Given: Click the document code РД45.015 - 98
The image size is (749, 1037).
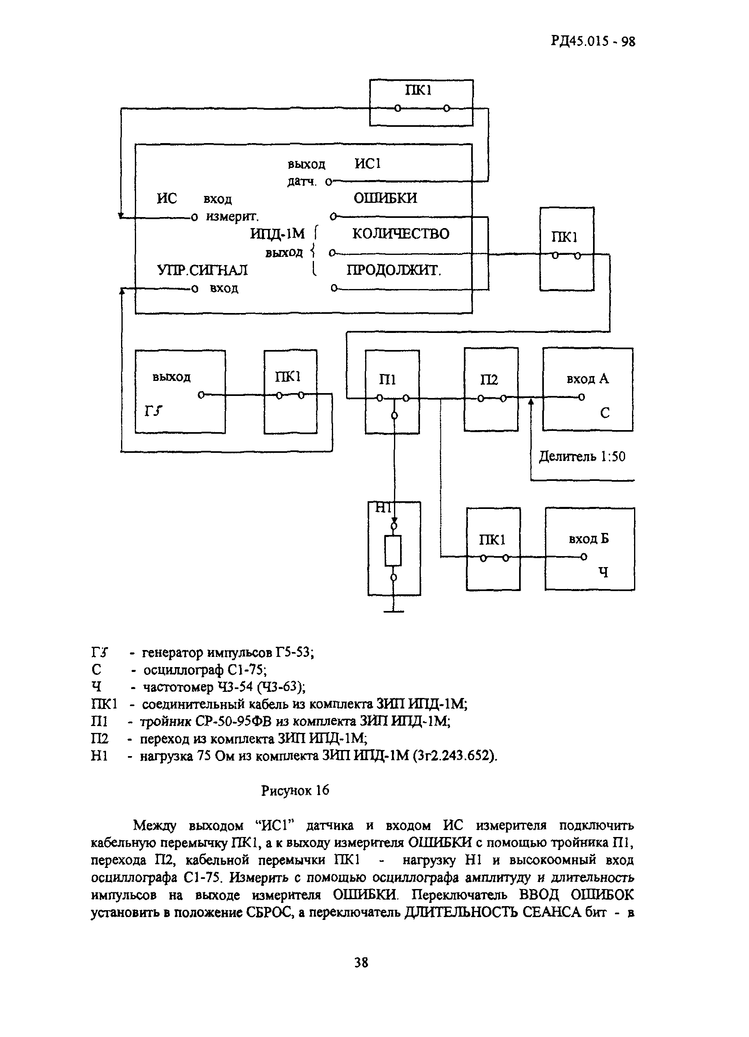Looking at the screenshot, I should coord(593,41).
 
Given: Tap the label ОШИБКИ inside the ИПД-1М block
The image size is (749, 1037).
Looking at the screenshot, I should coord(385,198).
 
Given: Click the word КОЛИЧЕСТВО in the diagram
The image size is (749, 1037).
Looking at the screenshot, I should coord(401,234).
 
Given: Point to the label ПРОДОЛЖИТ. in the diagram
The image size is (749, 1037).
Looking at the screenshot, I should coord(394,270).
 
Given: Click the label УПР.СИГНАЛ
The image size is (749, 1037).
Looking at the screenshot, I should coord(202,270).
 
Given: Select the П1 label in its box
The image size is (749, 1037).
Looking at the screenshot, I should coord(387,380).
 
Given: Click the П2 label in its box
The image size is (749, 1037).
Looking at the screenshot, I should coord(489,380).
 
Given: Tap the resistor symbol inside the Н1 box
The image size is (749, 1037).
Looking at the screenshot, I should coord(394,551).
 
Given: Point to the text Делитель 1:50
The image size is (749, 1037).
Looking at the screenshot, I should coord(582,457).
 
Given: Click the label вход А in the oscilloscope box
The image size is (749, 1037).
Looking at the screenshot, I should coord(587,378).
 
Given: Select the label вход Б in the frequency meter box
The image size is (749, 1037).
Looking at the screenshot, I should coord(589,539).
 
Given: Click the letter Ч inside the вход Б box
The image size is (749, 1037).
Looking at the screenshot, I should coord(603,572).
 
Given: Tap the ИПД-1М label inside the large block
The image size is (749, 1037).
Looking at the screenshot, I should coord(277,234).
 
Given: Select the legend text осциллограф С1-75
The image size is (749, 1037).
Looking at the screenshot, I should coord(205,670).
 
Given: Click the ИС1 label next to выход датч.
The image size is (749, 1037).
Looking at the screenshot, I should coord(368,163).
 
